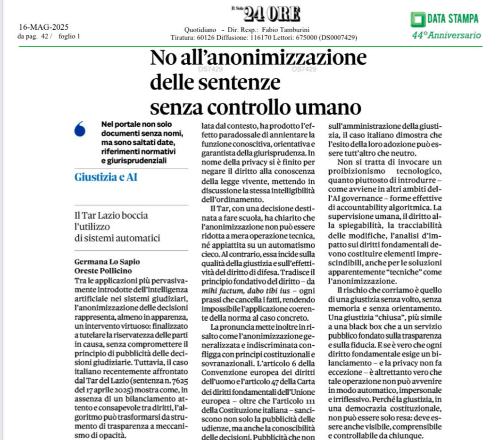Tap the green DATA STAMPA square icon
point(417,19)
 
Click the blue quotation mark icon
point(80,129)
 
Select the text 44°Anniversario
point(446,35)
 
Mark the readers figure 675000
point(305,37)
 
